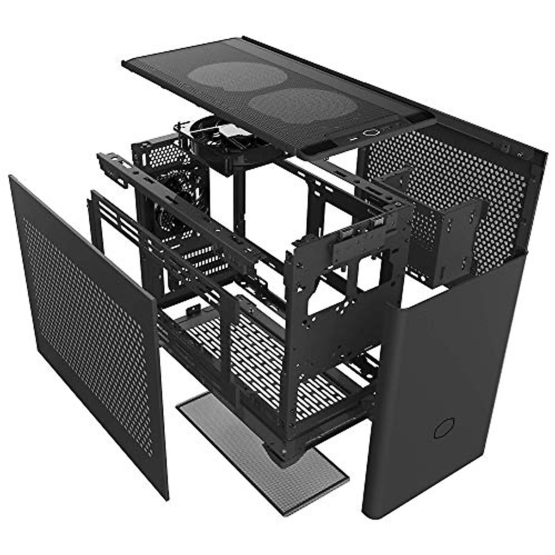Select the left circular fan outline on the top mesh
[x=237, y=77]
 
